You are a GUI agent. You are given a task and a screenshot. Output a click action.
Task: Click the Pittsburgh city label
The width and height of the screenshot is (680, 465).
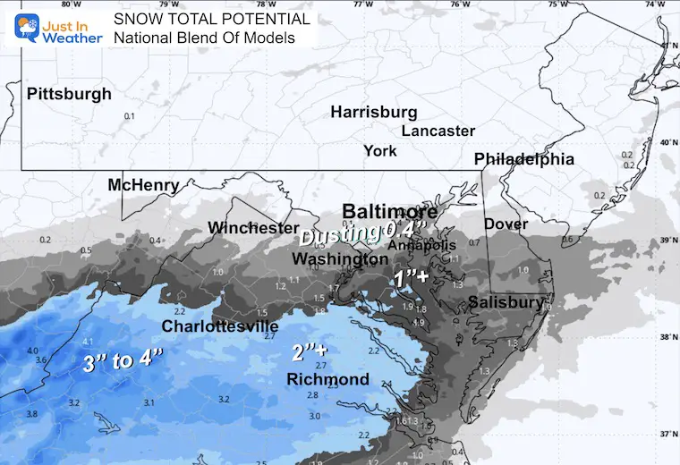69,94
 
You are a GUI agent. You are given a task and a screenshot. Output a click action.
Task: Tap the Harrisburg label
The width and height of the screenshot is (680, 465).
374,113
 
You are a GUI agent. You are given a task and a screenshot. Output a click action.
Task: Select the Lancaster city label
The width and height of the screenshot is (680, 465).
438,131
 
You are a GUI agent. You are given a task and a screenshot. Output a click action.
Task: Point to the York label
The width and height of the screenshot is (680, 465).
380,151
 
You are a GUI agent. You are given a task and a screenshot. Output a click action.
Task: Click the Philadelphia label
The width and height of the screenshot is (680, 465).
523,159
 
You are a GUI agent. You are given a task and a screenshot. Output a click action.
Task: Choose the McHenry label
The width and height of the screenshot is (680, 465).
143,186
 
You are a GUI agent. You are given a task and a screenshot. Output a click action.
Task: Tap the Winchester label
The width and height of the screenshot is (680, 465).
253,228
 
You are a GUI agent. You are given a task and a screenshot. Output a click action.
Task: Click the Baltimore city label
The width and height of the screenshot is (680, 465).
389,212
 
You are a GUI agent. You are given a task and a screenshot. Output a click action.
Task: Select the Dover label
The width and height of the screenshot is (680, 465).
506,224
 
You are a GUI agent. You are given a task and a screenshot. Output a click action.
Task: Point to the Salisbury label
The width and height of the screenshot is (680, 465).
506,303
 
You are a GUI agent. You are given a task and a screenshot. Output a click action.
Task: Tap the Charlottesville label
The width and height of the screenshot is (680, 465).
219,326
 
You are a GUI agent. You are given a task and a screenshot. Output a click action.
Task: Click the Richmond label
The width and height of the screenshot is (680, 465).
327,380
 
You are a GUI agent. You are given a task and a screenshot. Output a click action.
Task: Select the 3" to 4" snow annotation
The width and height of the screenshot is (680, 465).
123,362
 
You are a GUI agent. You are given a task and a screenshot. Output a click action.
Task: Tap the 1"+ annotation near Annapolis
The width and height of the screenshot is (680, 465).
413,279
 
